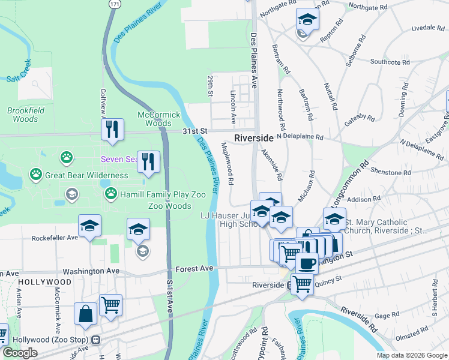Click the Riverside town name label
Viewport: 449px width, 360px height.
coord(253,137)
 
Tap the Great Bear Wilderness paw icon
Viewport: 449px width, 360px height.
coord(36,175)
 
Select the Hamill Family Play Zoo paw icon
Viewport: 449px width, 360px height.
coord(111,193)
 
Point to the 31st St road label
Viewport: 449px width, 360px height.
coord(194,131)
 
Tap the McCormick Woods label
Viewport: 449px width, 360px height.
coord(158,119)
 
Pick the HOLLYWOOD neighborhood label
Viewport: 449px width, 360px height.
coord(44,281)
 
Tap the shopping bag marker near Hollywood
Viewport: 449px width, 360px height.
coord(85,313)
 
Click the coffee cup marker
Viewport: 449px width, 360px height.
coord(307,263)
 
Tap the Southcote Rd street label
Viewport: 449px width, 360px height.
coord(389,61)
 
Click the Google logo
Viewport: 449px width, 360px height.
coord(20,353)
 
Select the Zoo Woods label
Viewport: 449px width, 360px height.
coord(169,205)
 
